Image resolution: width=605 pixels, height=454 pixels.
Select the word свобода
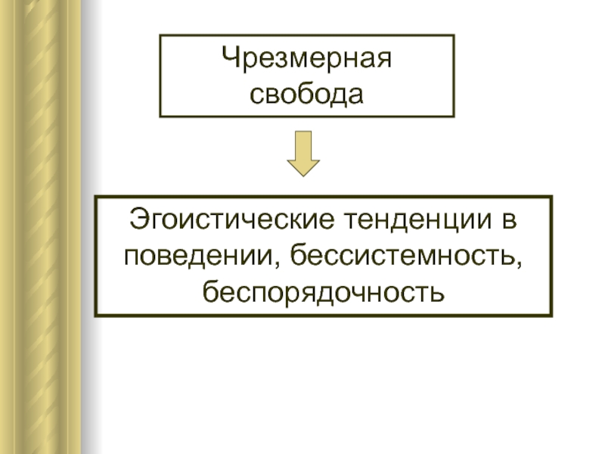(307, 94)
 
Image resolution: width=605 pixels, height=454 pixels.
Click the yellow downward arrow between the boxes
(303, 153)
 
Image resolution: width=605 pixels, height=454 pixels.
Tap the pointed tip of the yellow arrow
(303, 175)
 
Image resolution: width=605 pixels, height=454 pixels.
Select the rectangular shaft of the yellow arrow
(303, 144)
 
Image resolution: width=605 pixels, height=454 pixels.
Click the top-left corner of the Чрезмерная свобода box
(160, 35)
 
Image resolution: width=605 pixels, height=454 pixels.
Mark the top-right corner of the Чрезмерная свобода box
(454, 35)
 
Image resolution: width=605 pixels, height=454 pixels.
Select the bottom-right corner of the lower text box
(551, 315)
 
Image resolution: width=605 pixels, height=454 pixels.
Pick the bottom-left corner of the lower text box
(95, 315)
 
